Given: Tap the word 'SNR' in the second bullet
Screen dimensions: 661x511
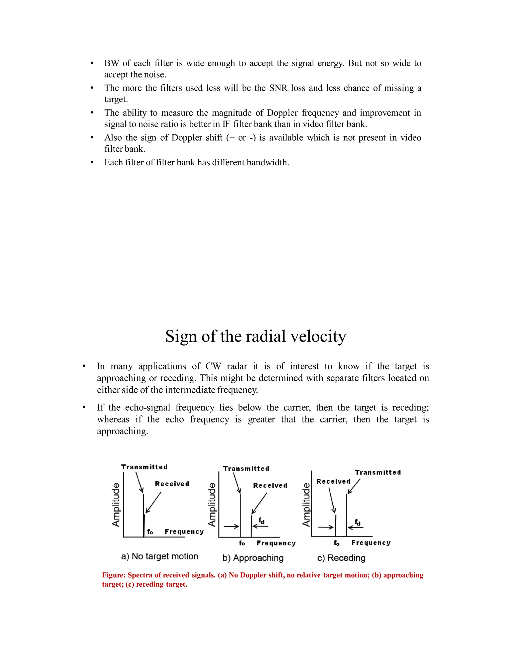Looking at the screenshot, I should click(x=278, y=88).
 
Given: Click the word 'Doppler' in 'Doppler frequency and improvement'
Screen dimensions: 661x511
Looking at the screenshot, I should click(x=282, y=113).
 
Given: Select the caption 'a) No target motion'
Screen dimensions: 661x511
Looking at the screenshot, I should click(x=159, y=556).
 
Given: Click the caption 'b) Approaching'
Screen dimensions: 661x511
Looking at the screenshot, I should click(x=253, y=558).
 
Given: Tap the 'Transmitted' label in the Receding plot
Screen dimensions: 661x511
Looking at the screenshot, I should click(x=378, y=472).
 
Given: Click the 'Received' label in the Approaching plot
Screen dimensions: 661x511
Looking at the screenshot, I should click(x=270, y=485).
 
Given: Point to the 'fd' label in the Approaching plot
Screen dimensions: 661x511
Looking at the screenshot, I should click(x=261, y=521).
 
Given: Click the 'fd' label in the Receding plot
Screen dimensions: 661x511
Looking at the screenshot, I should click(x=358, y=522).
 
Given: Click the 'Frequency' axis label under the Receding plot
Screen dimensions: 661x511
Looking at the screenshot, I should click(x=371, y=543).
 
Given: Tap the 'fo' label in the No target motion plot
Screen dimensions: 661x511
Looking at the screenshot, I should click(x=150, y=532).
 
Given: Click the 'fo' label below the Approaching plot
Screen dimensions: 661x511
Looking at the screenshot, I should click(x=242, y=543).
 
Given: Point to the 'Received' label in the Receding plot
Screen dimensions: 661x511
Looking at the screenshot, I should click(x=333, y=481).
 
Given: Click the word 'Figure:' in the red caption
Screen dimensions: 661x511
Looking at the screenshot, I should click(x=114, y=575).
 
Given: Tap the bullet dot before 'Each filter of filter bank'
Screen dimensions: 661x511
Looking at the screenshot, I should click(x=92, y=163).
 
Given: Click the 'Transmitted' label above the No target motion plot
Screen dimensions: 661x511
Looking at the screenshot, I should click(x=144, y=467).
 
